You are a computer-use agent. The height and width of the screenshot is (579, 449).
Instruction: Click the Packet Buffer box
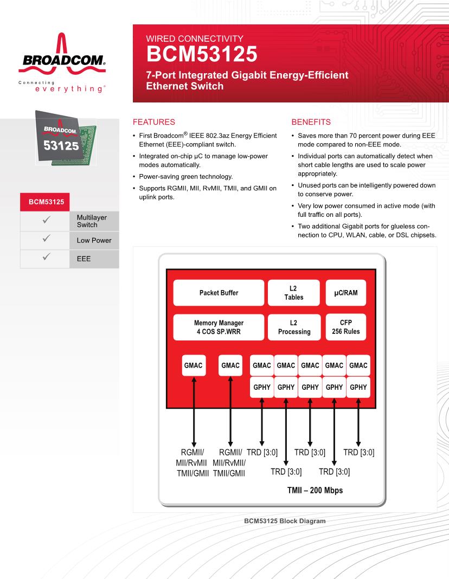click(x=219, y=293)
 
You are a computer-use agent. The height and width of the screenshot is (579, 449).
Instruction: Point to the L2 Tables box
click(x=293, y=293)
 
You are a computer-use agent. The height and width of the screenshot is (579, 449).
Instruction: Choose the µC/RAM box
click(x=346, y=293)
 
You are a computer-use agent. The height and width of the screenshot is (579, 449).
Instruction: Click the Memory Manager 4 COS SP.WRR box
click(x=219, y=327)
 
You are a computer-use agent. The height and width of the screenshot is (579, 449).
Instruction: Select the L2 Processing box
click(x=293, y=327)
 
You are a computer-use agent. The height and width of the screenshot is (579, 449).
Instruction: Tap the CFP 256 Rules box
click(x=346, y=327)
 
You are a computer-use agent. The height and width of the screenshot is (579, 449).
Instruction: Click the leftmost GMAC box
click(x=193, y=365)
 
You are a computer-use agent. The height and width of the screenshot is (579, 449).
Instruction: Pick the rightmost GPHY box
click(x=358, y=387)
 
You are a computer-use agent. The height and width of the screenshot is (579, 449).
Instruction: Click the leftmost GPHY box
click(x=262, y=387)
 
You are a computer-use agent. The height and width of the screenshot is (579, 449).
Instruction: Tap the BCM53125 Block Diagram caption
click(x=285, y=521)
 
